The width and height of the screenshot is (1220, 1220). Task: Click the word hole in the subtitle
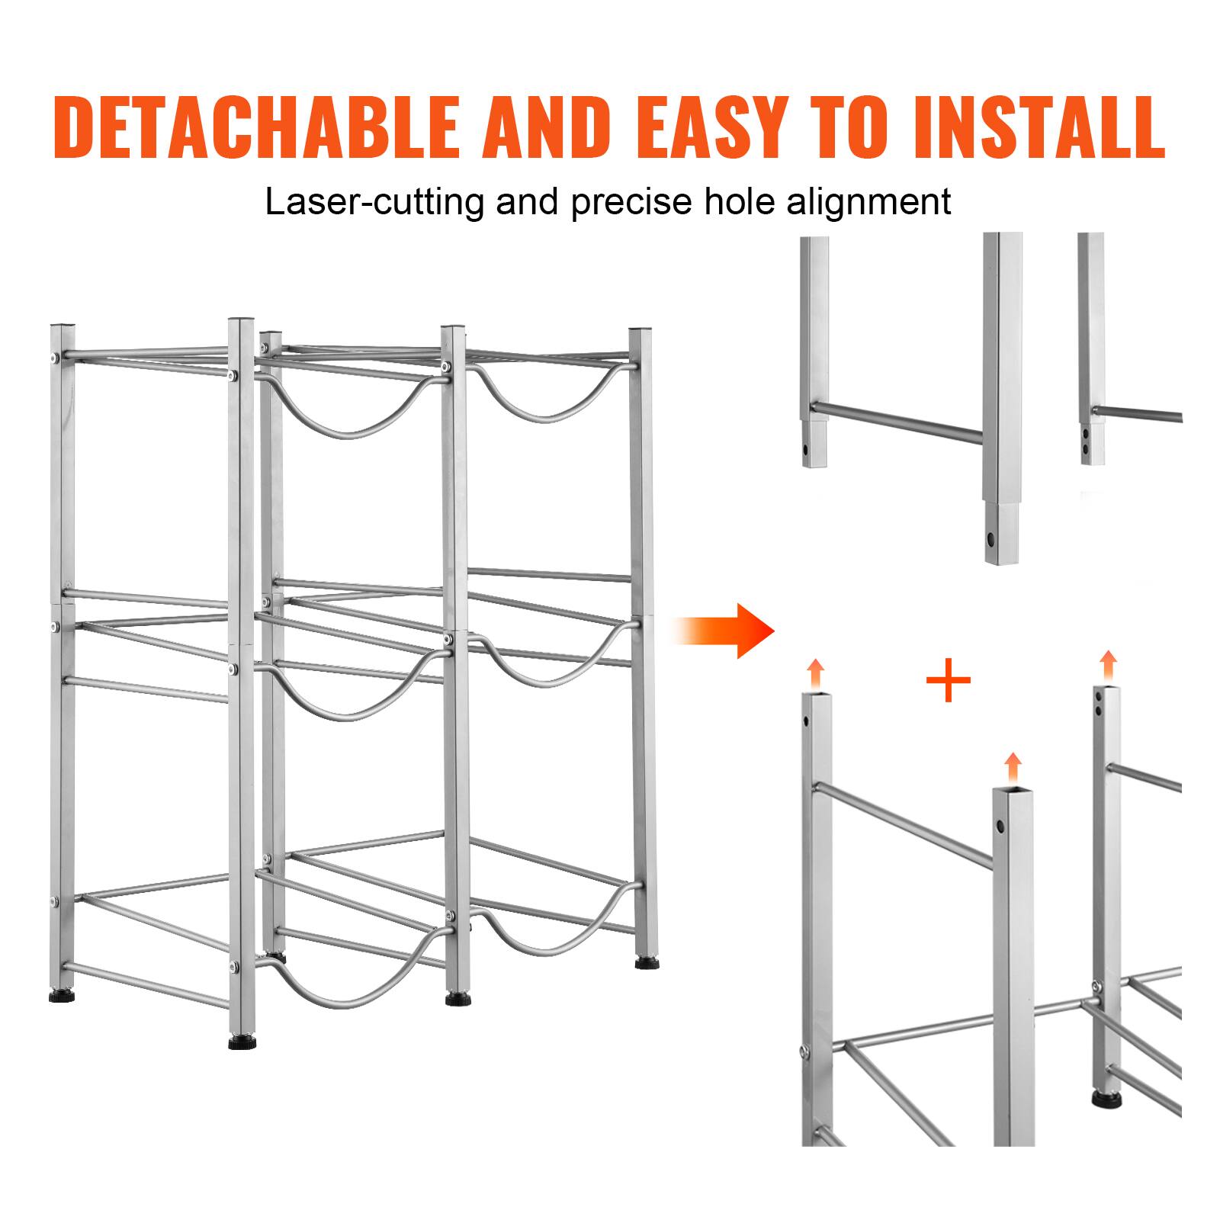[731, 201]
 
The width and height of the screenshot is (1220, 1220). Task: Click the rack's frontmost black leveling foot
[242, 1041]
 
